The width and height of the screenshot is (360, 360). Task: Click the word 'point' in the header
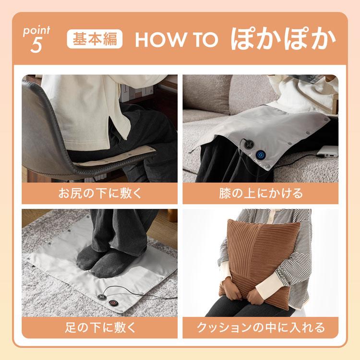click(x=36, y=31)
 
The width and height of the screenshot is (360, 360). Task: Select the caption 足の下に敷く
click(x=100, y=328)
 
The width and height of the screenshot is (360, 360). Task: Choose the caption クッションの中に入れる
click(x=260, y=328)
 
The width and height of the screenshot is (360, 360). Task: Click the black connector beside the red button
click(x=101, y=298)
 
